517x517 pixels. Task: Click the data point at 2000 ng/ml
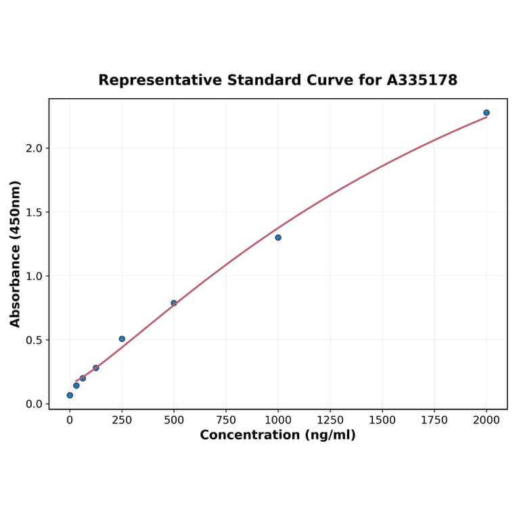[487, 113]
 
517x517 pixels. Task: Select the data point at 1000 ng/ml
[278, 238]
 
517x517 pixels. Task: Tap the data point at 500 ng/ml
[174, 303]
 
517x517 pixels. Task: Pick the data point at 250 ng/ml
[122, 339]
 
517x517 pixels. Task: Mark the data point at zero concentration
[70, 395]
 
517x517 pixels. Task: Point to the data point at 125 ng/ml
[96, 368]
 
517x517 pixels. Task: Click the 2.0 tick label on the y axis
[33, 148]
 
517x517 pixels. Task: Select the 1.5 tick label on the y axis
[33, 212]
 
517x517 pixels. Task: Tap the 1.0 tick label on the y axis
[33, 276]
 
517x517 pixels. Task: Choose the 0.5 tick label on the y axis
[33, 340]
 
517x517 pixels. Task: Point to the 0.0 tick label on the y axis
[33, 404]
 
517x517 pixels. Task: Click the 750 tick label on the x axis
[226, 420]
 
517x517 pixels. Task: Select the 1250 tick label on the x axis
[330, 420]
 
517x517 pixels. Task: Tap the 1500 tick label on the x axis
[382, 420]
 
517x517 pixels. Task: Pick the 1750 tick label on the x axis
[434, 420]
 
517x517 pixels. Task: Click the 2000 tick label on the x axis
[487, 420]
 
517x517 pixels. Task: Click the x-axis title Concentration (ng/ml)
[277, 435]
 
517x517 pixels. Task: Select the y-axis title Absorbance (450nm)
[16, 254]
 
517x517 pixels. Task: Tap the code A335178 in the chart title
[422, 81]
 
